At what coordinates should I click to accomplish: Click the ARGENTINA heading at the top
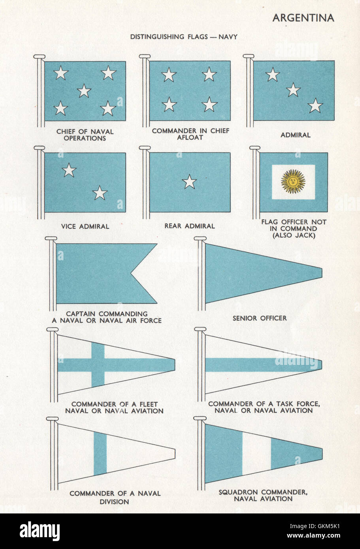point(303,18)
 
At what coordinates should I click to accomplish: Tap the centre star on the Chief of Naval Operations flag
point(84,91)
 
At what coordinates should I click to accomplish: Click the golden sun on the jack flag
point(293,182)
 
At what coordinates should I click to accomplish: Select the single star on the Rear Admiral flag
point(189,182)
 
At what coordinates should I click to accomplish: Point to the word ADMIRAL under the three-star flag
point(296,135)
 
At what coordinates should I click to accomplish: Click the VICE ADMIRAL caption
point(85,226)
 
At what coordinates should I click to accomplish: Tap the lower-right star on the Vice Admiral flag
point(100,193)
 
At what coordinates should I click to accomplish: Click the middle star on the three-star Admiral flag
point(293,90)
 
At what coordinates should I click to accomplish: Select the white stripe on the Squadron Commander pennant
point(256,453)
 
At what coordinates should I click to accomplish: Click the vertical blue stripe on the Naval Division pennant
point(100,453)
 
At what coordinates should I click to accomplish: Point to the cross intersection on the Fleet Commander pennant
point(98,365)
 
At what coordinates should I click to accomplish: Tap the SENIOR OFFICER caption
point(260,318)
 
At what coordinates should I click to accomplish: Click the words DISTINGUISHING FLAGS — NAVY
point(184,37)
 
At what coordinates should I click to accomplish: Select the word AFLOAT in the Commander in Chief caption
point(190,137)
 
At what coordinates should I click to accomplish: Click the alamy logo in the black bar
point(40,531)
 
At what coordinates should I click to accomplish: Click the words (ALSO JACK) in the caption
point(294,235)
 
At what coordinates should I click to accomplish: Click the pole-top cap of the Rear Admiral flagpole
point(145,148)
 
